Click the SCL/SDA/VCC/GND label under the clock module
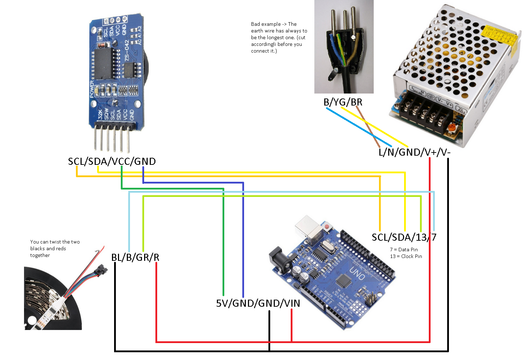click(x=112, y=162)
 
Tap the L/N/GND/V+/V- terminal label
click(x=414, y=152)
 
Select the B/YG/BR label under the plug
click(x=343, y=102)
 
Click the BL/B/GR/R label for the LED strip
click(x=135, y=257)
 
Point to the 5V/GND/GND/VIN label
click(x=258, y=303)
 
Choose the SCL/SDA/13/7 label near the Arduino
click(x=404, y=237)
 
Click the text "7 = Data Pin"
click(x=404, y=250)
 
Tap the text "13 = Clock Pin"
click(x=406, y=256)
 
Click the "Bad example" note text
click(x=279, y=37)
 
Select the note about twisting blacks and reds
click(x=55, y=248)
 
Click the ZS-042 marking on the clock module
click(x=127, y=50)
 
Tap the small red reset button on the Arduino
click(x=327, y=226)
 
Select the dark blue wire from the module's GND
click(x=243, y=240)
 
